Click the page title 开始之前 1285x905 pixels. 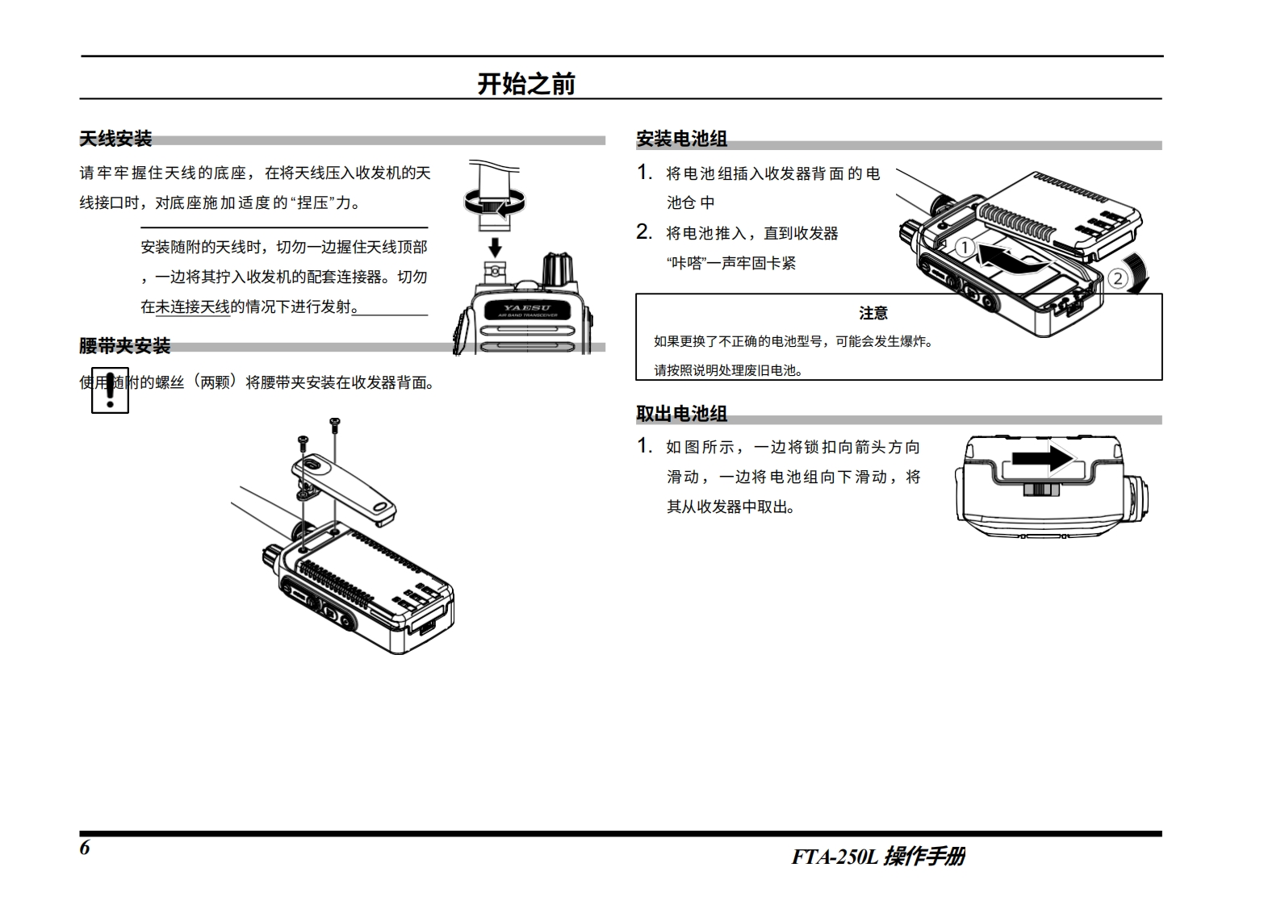pos(525,84)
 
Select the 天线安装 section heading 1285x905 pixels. pos(115,139)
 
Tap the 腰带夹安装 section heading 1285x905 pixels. pos(124,346)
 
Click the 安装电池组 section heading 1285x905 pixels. pos(681,139)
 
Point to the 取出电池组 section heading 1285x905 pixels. pos(681,414)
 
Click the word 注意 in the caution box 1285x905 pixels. pos(873,313)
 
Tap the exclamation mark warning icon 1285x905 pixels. pos(110,391)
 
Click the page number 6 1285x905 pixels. pos(85,848)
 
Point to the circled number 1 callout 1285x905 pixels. pos(965,248)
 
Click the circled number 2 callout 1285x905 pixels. pos(1117,279)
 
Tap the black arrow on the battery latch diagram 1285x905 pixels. pos(1042,459)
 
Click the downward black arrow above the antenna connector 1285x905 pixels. pos(496,245)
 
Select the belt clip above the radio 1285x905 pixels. pos(345,486)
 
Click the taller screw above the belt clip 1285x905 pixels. pos(334,422)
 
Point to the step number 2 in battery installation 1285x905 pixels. pos(644,232)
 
